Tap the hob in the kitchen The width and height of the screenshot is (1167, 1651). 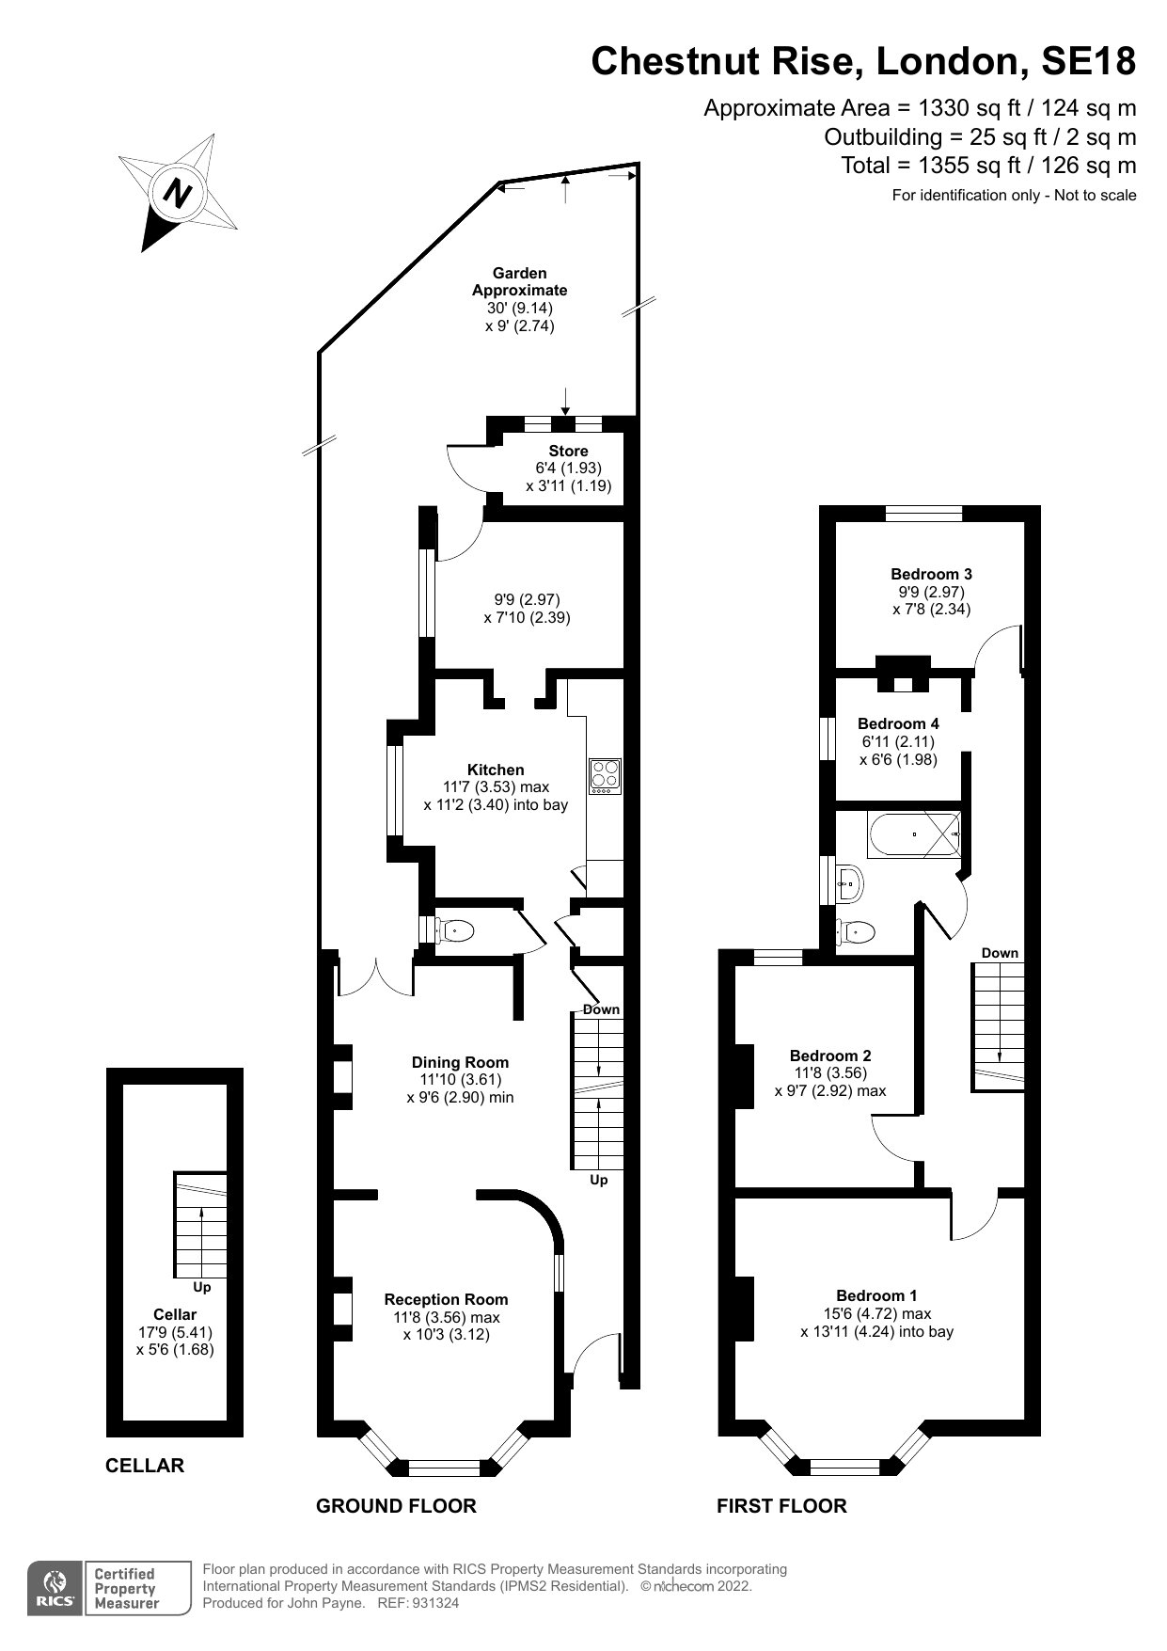click(x=605, y=776)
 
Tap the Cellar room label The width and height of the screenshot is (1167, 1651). click(x=175, y=1314)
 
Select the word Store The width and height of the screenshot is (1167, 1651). click(x=569, y=451)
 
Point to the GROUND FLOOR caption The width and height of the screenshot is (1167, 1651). click(x=396, y=1506)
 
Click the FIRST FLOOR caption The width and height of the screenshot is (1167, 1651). click(x=781, y=1506)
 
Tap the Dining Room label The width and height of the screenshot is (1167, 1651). click(x=461, y=1062)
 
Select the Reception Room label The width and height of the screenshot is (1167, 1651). click(x=446, y=1299)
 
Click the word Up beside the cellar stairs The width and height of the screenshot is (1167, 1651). click(x=201, y=1287)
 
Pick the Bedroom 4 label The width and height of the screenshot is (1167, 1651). click(x=898, y=723)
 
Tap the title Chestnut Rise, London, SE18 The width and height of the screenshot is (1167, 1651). click(x=863, y=61)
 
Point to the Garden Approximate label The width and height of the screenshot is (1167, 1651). click(x=520, y=281)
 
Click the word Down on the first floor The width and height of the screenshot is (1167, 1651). click(x=1000, y=953)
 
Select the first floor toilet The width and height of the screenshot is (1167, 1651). click(x=856, y=931)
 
